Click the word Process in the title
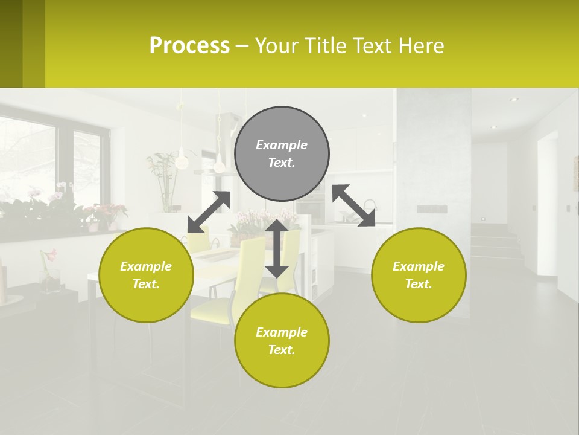tap(189, 46)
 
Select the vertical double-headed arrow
tap(277, 248)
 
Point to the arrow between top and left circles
tap(209, 212)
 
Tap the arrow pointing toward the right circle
tap(354, 206)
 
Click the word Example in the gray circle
tap(282, 145)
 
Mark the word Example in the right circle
tap(419, 266)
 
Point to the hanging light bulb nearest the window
tap(180, 161)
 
